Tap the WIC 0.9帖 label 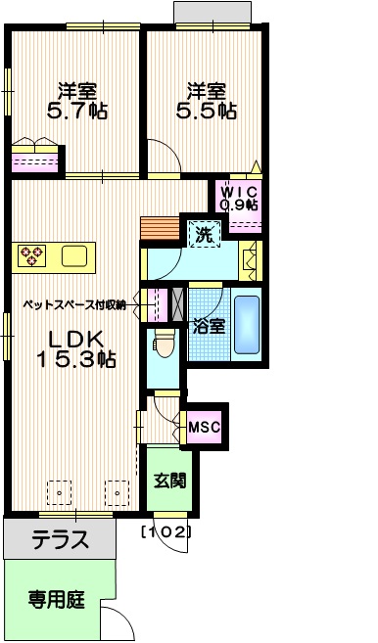pyautogui.click(x=239, y=198)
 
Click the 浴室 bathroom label pyautogui.click(x=209, y=326)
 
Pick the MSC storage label pyautogui.click(x=204, y=426)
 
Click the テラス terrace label pyautogui.click(x=60, y=538)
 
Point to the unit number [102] pyautogui.click(x=165, y=532)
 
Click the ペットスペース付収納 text pyautogui.click(x=74, y=305)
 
